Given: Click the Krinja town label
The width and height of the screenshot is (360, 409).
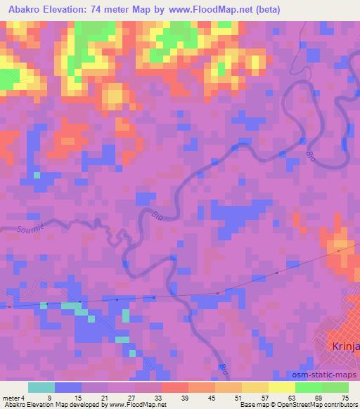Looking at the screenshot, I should pyautogui.click(x=345, y=346).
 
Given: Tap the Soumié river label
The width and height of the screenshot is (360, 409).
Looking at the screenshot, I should pyautogui.click(x=31, y=227).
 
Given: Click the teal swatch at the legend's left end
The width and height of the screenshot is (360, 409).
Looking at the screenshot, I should pyautogui.click(x=41, y=387).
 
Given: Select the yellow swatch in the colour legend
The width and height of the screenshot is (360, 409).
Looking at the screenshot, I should pyautogui.click(x=282, y=387).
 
